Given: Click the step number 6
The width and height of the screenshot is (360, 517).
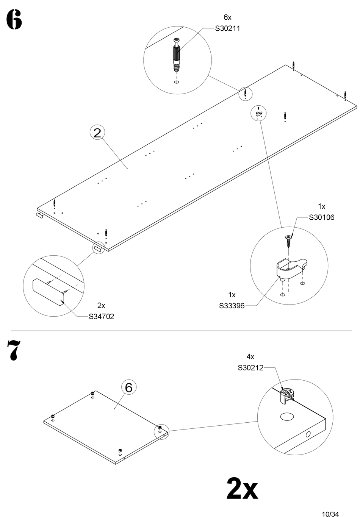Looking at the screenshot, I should (14, 20).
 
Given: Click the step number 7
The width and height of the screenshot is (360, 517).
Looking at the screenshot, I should (13, 350).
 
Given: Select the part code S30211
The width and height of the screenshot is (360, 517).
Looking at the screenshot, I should (227, 28).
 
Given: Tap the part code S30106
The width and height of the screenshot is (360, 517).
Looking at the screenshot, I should (322, 217).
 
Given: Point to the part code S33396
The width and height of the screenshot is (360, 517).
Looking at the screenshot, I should (232, 305).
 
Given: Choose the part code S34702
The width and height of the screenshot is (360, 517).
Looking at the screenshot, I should (101, 316).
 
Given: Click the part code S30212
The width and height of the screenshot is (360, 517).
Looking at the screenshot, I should (250, 367).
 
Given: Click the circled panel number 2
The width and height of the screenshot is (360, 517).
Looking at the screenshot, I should (97, 133).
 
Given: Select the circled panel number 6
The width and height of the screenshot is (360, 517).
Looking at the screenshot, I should (128, 387).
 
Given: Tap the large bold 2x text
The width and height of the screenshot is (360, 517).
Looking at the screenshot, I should (242, 489).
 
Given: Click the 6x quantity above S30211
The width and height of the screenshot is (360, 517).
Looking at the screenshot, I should (227, 17).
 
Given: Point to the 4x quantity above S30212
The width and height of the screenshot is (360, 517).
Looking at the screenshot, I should (250, 356).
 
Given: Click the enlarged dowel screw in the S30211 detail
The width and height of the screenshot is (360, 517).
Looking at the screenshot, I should (176, 55).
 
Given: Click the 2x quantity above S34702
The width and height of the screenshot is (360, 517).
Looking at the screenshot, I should (101, 305).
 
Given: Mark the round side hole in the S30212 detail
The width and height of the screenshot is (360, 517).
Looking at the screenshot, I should (307, 434).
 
